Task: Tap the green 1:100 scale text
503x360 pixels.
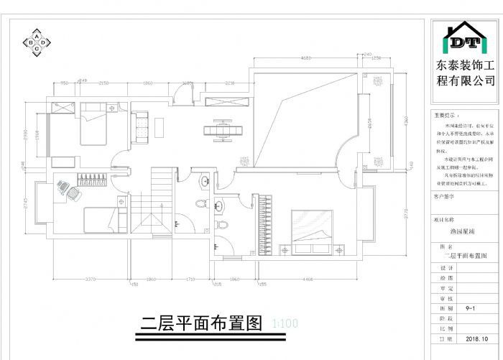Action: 285,323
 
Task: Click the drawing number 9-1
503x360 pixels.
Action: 472,308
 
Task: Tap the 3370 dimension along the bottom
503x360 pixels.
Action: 91,279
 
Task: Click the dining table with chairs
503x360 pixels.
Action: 223,130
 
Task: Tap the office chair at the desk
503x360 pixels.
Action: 63,188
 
